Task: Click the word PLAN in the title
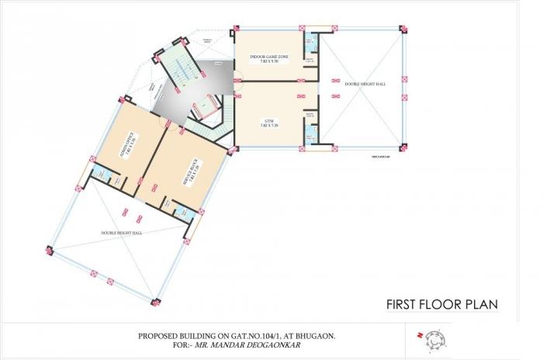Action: (x=480, y=304)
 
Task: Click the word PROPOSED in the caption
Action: (x=159, y=334)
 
